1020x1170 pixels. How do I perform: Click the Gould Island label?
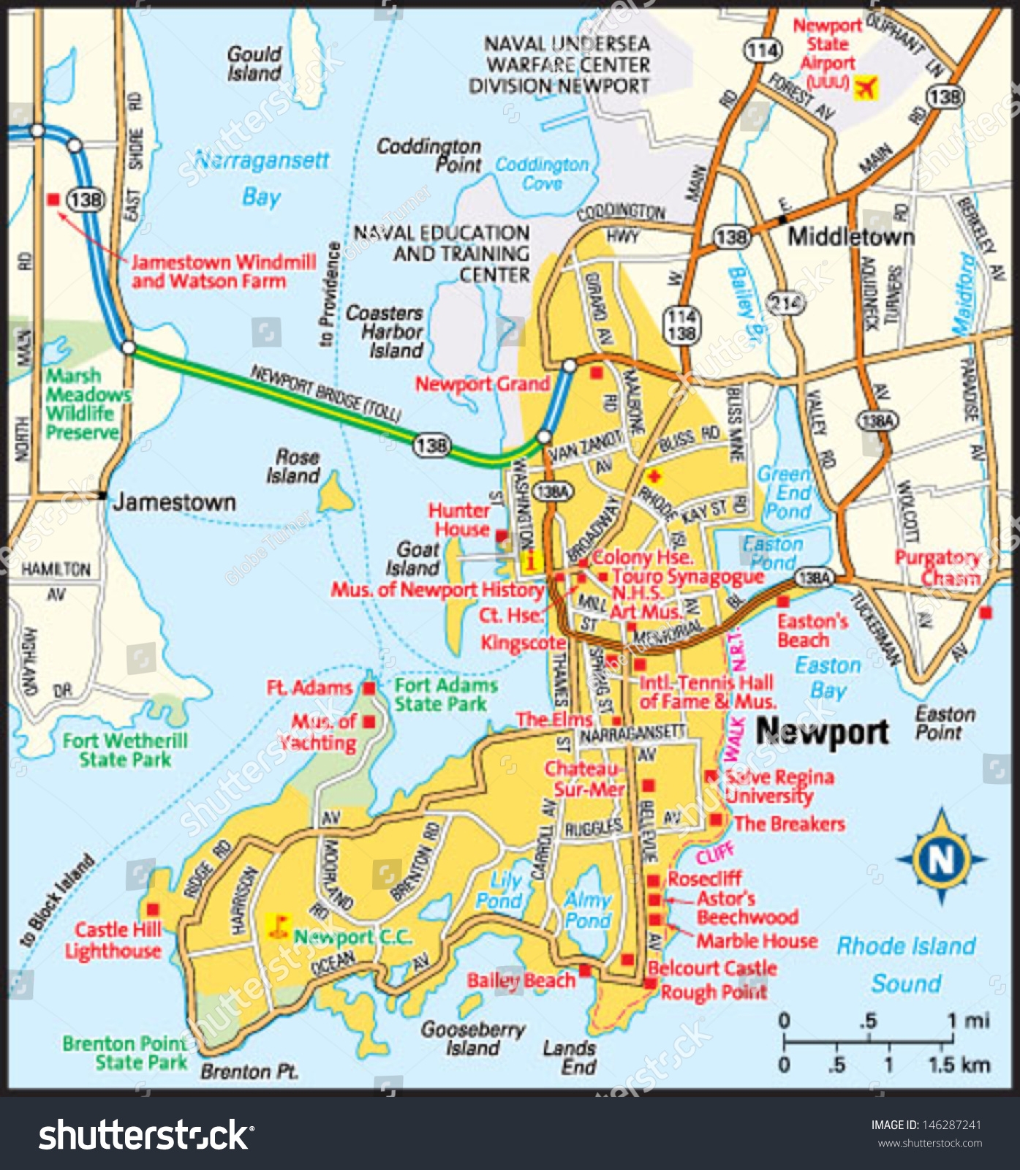click(x=254, y=64)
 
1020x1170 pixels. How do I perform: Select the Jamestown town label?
click(x=174, y=502)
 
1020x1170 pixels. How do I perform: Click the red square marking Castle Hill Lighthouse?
click(x=153, y=910)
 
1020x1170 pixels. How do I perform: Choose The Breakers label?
click(x=789, y=824)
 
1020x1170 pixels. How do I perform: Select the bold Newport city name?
click(x=822, y=731)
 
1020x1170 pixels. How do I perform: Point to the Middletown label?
click(x=851, y=237)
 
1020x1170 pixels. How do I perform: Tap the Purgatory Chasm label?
click(x=938, y=567)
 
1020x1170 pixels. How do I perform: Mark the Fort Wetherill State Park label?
click(x=125, y=750)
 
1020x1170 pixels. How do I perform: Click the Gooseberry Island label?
click(x=472, y=1038)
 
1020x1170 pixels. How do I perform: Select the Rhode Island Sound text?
click(x=906, y=964)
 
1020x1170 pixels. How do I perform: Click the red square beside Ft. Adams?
click(x=370, y=688)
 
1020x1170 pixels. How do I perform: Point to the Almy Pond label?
click(x=587, y=910)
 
